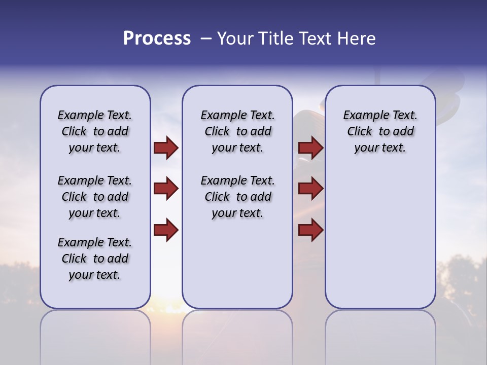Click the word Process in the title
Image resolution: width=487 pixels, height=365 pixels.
coord(157,39)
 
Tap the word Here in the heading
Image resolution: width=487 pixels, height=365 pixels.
coord(355,39)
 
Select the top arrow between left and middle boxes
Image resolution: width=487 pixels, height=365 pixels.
coord(166,148)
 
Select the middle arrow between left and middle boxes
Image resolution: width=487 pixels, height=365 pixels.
coord(166,189)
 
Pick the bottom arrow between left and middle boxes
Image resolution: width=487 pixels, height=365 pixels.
coord(166,230)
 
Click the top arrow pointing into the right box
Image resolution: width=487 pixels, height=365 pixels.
coord(310,148)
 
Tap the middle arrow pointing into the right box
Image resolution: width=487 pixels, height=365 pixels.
coord(310,189)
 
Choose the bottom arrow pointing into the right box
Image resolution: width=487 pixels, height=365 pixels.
coord(310,230)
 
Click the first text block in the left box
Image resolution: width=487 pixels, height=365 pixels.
coord(95,131)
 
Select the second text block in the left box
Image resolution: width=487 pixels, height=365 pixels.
coord(95,197)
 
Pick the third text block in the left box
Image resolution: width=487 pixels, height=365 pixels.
coord(95,259)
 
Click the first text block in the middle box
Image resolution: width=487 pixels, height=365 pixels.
coord(237,131)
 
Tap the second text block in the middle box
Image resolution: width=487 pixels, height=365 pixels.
coord(237,197)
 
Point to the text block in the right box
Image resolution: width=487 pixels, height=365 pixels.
coord(380,131)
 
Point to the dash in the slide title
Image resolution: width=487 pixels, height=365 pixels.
coord(205,39)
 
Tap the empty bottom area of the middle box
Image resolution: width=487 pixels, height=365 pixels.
coord(237,269)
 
